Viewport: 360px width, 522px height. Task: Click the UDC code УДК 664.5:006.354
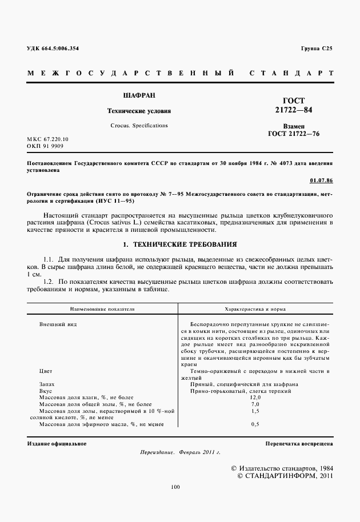coord(53,49)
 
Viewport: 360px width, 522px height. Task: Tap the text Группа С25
coord(316,49)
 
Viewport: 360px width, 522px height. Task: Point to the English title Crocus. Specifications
coord(139,125)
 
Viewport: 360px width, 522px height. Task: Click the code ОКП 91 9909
coord(46,147)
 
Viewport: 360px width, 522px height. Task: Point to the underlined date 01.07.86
coord(321,180)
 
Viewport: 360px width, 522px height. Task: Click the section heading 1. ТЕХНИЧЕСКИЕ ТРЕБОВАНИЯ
coord(180,244)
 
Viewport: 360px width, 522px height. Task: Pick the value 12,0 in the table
coord(255,397)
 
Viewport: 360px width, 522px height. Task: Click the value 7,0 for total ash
coord(255,404)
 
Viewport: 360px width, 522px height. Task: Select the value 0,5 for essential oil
coord(255,424)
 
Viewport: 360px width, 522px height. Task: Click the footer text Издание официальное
coord(57,443)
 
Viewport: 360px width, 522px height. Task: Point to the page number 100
coord(175,487)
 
